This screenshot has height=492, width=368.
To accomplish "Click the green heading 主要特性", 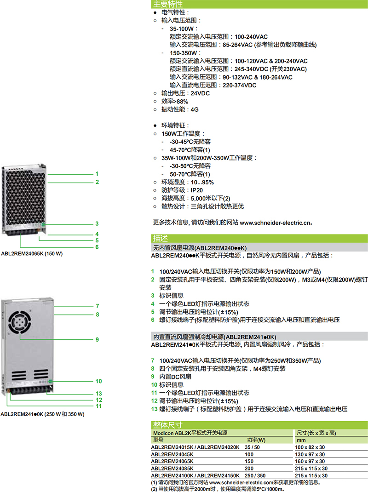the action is coord(168,4).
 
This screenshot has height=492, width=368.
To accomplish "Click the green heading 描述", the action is coord(160,238).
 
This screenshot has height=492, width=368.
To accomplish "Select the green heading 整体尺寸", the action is coord(168,425).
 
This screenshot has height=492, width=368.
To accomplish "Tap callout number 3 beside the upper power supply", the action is coord(97,224).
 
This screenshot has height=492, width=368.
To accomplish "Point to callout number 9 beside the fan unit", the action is coord(98,339).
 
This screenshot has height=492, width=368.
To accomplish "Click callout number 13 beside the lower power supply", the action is coord(99,394).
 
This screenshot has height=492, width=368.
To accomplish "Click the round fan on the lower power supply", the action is coord(19,322).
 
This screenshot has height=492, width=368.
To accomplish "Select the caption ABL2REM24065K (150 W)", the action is coord(32,253).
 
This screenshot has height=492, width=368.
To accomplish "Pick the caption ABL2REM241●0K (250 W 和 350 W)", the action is coord(42,414).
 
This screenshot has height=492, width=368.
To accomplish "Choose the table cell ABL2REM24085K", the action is coord(172,469).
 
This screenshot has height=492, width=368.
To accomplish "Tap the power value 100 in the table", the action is coord(249,454).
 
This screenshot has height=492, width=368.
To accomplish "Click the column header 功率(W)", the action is coord(256,440).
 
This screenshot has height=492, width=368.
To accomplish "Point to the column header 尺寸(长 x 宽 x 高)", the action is coord(316,433).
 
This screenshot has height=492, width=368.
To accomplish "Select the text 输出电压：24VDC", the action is coord(185,93).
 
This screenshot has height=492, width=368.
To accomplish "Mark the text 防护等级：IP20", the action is coord(182,190).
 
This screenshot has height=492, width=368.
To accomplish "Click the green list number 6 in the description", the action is coord(153,320).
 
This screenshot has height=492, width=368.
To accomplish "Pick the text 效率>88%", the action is coord(175,101).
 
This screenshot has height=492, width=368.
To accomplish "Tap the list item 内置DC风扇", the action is coord(175,377).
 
